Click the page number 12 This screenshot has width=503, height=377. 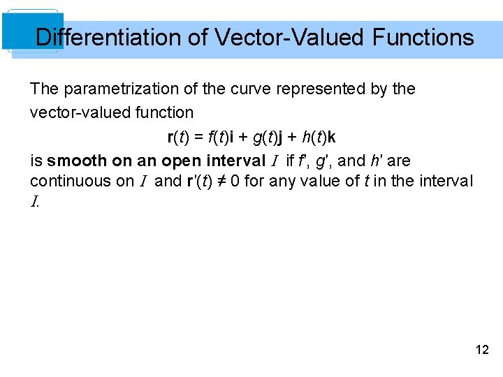482,350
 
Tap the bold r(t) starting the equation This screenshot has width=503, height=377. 179,137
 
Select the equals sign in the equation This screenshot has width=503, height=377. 200,137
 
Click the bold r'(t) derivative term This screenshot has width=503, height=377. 201,182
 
